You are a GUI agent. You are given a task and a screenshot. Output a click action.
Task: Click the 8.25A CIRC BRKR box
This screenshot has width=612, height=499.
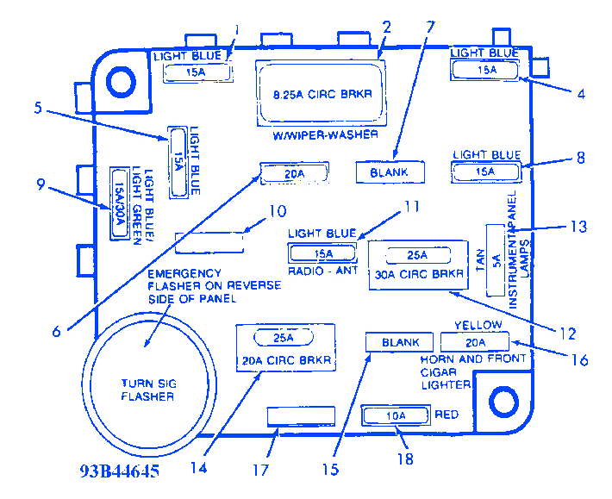tap(321, 93)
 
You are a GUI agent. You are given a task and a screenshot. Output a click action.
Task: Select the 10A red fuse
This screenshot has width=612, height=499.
tap(395, 416)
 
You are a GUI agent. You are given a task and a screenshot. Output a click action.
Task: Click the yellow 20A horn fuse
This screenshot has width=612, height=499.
tap(476, 341)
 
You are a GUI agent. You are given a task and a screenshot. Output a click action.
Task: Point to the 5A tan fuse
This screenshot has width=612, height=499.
tap(496, 260)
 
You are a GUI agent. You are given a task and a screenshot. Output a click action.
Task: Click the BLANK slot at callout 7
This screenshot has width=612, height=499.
tap(390, 172)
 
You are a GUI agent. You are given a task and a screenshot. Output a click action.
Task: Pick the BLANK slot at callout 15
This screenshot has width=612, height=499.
tap(401, 342)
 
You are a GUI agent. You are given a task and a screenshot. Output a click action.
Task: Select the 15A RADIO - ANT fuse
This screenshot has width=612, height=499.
tap(323, 253)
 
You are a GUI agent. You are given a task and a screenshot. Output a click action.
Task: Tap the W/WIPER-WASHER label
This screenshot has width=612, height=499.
tap(320, 136)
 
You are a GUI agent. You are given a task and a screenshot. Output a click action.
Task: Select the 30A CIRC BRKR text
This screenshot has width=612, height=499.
tap(417, 275)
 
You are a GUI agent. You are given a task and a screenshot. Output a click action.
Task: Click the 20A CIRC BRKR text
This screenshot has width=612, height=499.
tap(285, 358)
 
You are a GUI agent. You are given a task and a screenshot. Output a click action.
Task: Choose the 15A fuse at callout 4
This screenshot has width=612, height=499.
tap(486, 70)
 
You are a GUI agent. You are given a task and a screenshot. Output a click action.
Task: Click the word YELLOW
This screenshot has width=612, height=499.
tap(477, 324)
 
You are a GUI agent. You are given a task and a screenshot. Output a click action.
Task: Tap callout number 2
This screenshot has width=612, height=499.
tap(387, 28)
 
